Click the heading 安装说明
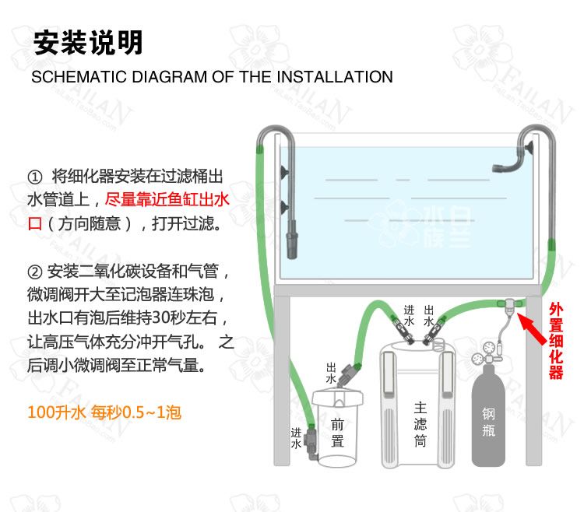point(88,43)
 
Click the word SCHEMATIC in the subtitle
point(79,77)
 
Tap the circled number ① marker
point(34,177)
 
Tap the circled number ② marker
point(34,272)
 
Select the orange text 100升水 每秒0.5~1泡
point(104,412)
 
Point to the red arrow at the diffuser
point(532,328)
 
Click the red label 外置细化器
point(556,341)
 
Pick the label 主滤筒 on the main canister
point(420,424)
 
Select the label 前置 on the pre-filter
point(337,433)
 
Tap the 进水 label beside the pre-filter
point(296,438)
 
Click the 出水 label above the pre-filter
point(331,373)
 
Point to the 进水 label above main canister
point(409,316)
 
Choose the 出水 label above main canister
point(429,316)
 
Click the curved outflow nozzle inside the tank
point(508,163)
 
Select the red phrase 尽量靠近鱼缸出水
point(167,200)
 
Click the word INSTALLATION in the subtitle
point(335,77)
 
